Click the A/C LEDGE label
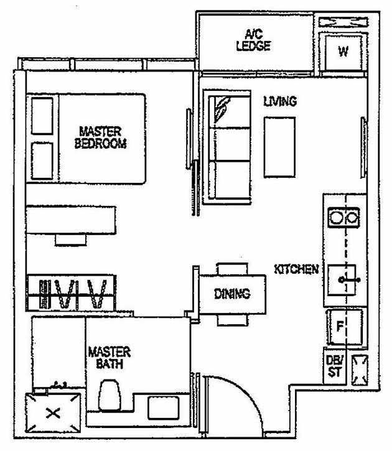point(253,40)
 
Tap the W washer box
point(343,52)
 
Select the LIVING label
point(279,101)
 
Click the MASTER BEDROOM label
point(100,137)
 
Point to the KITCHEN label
point(297,269)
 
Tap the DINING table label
point(231,294)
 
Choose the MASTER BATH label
point(109,358)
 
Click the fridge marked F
point(340,327)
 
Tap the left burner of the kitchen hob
point(337,218)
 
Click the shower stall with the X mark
point(54,412)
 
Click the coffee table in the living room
point(278,147)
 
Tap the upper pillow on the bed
point(42,115)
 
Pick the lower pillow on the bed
point(42,161)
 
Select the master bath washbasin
point(163,409)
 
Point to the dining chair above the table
point(232,268)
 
